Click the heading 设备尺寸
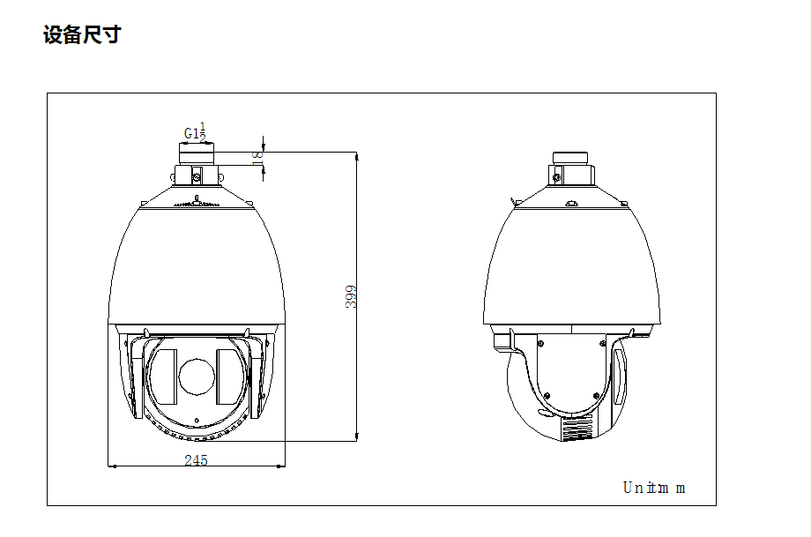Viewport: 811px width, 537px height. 82,36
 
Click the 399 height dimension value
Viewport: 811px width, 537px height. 350,295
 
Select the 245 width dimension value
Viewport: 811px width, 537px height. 196,460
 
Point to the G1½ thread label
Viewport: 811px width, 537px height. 195,133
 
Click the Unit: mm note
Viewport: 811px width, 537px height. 653,488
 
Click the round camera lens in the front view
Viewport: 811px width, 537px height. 196,376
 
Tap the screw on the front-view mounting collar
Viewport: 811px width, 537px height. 197,175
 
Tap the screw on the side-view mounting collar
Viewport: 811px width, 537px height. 557,175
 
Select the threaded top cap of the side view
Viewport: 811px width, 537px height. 569,158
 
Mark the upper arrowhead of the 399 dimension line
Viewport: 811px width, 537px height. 356,156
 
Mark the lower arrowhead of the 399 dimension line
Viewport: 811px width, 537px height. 356,435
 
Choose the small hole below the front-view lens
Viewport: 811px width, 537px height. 196,418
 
